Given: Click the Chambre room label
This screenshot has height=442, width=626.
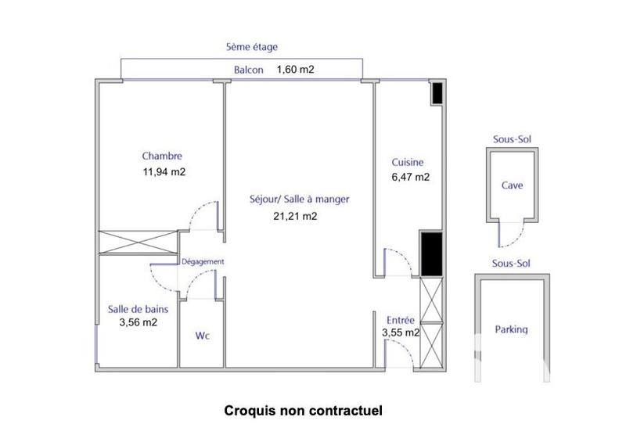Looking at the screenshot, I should pos(162,156).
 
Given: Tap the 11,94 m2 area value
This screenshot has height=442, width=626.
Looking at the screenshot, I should pos(163,171).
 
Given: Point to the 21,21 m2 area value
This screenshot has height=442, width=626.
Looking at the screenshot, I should pos(296,216).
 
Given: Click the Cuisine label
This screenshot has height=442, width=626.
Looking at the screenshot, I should pos(408,163).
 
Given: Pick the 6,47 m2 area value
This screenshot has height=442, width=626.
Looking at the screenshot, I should pos(410,178).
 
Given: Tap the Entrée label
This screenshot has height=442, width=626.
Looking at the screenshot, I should pos(401,319).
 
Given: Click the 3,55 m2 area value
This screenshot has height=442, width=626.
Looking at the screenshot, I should pos(401,332).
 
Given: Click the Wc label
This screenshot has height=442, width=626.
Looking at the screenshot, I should pos(203,336).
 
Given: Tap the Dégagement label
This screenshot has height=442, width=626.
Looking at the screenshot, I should pos(203,261).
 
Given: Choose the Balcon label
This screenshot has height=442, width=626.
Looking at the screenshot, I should pos(249,70).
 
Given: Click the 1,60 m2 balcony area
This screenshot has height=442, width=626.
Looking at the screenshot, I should pos(295,70).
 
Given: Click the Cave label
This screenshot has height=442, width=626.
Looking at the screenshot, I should pos(513,186).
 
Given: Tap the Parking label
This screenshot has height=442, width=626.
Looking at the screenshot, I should pos(512,329).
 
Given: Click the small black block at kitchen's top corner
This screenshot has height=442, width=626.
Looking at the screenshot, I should pos(438,93).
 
